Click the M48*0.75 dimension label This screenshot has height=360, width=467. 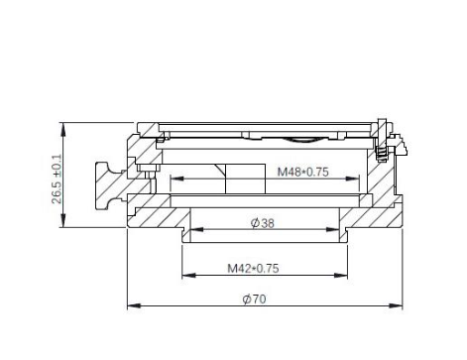click(302, 172)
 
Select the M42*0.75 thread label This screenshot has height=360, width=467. click(253, 268)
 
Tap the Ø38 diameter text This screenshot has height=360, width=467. click(263, 223)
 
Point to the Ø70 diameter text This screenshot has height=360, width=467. click(254, 300)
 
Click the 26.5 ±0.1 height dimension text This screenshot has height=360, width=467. click(57, 179)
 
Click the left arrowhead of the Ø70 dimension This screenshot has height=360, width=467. click(134, 305)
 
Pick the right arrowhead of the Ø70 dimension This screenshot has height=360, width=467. click(396, 305)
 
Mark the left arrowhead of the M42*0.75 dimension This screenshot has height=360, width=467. click(188, 275)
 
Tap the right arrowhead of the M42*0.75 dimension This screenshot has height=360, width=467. click(341, 275)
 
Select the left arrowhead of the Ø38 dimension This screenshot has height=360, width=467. click(196, 229)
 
